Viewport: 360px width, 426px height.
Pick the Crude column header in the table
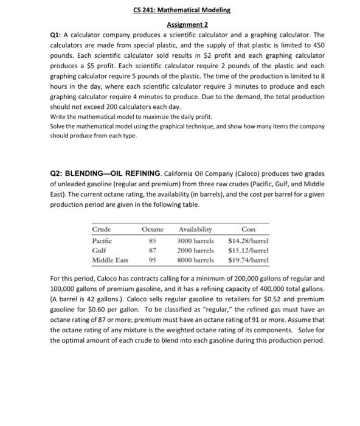pyautogui.click(x=102, y=229)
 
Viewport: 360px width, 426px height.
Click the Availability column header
pyautogui.click(x=196, y=229)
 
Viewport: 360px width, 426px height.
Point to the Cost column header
pyautogui.click(x=248, y=229)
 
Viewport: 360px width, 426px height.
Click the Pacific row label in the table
pyautogui.click(x=103, y=240)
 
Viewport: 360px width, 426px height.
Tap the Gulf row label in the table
pyautogui.click(x=99, y=250)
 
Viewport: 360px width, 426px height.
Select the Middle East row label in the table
pyautogui.click(x=110, y=260)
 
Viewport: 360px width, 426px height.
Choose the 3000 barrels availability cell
pyautogui.click(x=196, y=240)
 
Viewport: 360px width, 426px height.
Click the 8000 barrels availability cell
pyautogui.click(x=196, y=260)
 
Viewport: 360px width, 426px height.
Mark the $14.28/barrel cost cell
pyautogui.click(x=248, y=240)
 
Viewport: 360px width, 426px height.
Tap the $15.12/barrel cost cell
pyautogui.click(x=248, y=250)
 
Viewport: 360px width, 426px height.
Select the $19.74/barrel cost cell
pyautogui.click(x=248, y=260)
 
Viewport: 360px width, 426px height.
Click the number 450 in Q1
pyautogui.click(x=319, y=45)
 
